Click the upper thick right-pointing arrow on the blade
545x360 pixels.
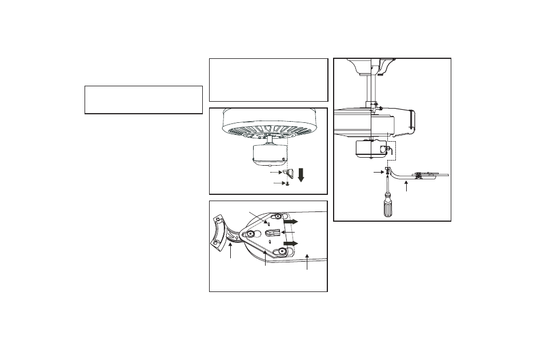pyautogui.click(x=290, y=221)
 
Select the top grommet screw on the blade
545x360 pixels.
pyautogui.click(x=278, y=216)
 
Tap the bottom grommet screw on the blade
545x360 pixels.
pyautogui.click(x=282, y=251)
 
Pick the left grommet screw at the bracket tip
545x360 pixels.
pyautogui.click(x=250, y=233)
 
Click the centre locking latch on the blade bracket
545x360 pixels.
pyautogui.click(x=274, y=233)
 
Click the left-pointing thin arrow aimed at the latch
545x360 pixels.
pyautogui.click(x=290, y=233)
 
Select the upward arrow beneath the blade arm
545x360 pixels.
pyautogui.click(x=406, y=186)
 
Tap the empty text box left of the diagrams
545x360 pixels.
pyautogui.click(x=143, y=100)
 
